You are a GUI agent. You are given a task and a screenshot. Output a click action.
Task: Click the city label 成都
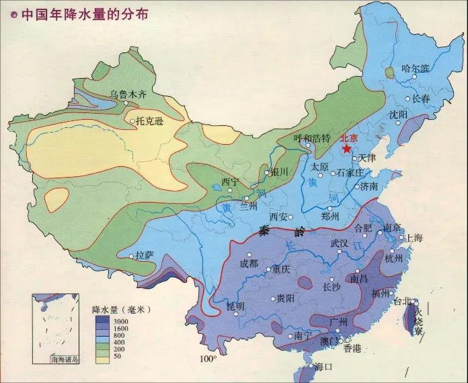coord(248,263)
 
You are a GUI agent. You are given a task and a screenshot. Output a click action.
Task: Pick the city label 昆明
coord(235,306)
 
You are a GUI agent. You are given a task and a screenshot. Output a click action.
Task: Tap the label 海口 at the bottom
coord(323,367)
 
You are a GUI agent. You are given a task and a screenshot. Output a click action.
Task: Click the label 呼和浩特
coord(312,138)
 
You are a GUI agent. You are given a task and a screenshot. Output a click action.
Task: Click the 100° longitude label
coord(208,359)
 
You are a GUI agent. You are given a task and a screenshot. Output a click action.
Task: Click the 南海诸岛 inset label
coord(65,359)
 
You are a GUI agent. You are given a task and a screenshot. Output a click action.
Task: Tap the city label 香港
coord(352,348)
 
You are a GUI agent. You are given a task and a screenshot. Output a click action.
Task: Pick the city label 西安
coord(278,217)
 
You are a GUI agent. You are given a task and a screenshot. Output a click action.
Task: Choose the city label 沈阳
coord(398,114)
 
